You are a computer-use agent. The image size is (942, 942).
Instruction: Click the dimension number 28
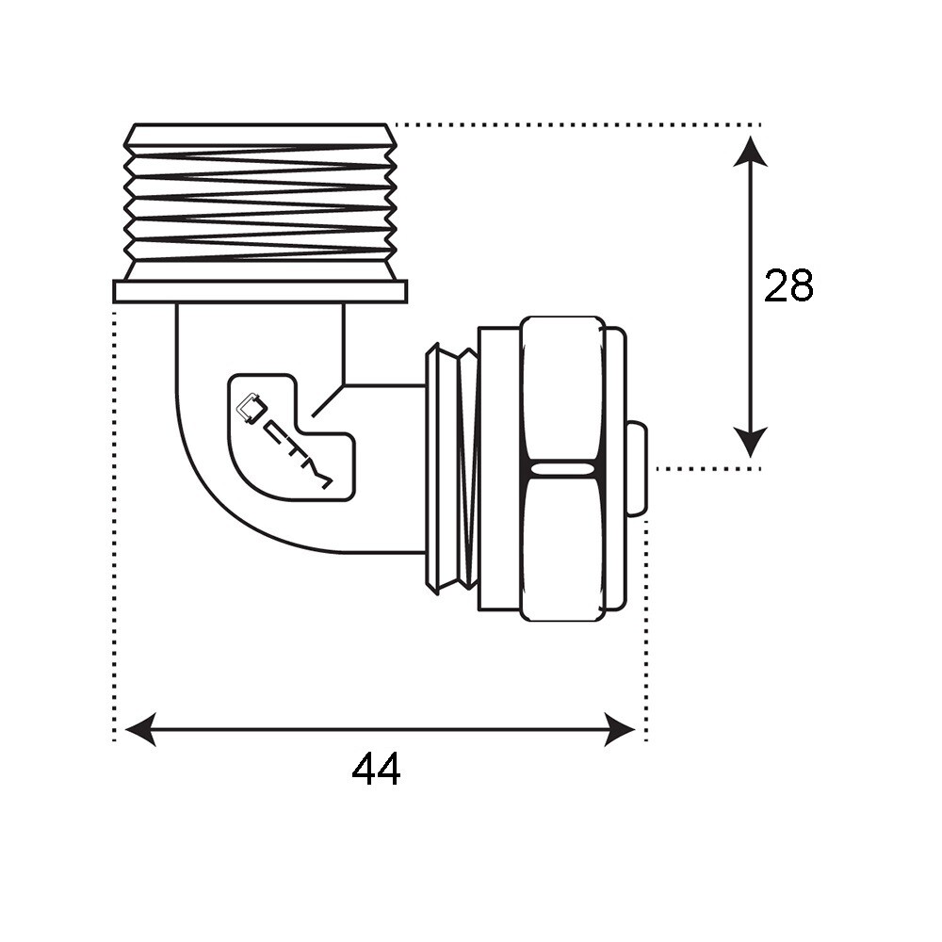pos(788,285)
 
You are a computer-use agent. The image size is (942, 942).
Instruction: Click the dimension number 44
pos(376,771)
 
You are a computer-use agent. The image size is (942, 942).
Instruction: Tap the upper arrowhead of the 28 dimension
pos(750,151)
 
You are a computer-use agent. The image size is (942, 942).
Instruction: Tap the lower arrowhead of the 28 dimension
pos(750,443)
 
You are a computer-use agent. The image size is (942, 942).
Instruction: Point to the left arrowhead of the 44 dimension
pos(139,729)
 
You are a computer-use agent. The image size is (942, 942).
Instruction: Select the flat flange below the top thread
pos(260,292)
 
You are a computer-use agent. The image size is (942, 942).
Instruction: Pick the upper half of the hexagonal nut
pos(562,391)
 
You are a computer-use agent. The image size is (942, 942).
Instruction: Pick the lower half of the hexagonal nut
pos(562,546)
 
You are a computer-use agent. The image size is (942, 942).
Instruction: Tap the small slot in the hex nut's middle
pos(562,468)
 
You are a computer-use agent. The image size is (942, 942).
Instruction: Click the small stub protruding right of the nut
pos(637,468)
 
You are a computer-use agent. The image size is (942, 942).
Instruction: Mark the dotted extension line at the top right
pos(575,124)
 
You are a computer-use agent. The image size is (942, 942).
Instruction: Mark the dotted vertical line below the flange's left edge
pos(115,518)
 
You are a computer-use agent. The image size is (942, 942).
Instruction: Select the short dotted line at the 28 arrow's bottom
pos(706,468)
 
